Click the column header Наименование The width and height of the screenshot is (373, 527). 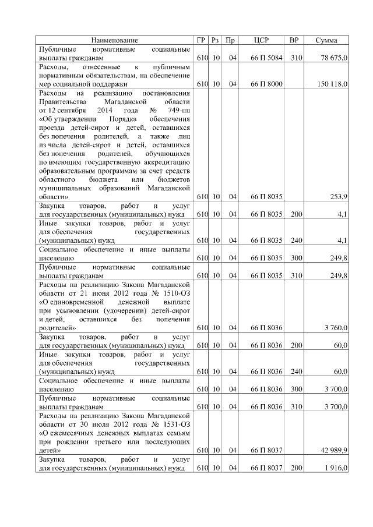pyautogui.click(x=114, y=40)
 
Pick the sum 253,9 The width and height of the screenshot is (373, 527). pyautogui.click(x=339, y=197)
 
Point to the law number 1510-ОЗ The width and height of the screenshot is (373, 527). pyautogui.click(x=174, y=293)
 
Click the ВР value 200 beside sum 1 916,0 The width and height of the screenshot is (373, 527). pyautogui.click(x=296, y=468)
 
